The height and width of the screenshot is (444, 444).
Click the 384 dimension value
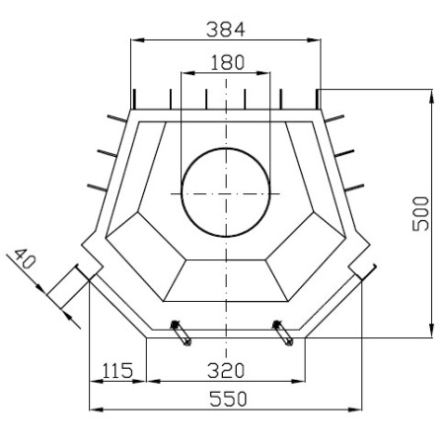[x=225, y=30]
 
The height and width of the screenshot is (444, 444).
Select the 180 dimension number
[x=227, y=62]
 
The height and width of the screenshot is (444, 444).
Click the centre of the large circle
[x=226, y=191]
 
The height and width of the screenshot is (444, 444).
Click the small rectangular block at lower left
[x=67, y=287]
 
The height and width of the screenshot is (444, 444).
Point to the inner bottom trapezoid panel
[x=226, y=280]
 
